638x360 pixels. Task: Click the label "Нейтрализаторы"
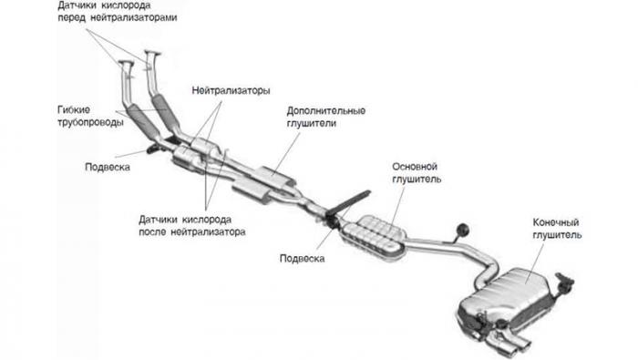click(x=231, y=91)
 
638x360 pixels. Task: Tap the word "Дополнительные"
click(x=326, y=110)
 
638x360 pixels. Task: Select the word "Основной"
click(x=415, y=167)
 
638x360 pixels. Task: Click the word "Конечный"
click(x=556, y=222)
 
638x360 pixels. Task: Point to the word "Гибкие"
click(x=74, y=110)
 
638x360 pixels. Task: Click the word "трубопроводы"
click(x=90, y=122)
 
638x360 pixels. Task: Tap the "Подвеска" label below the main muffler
click(x=302, y=258)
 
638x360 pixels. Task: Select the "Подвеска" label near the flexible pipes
click(x=108, y=167)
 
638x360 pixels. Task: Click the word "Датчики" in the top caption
click(x=77, y=5)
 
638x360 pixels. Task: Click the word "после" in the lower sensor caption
click(x=153, y=231)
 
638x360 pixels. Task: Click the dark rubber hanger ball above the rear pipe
click(x=462, y=230)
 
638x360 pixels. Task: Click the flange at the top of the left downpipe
click(x=126, y=65)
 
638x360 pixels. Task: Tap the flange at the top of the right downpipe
click(x=152, y=53)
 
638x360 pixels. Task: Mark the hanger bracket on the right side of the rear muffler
click(x=563, y=283)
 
